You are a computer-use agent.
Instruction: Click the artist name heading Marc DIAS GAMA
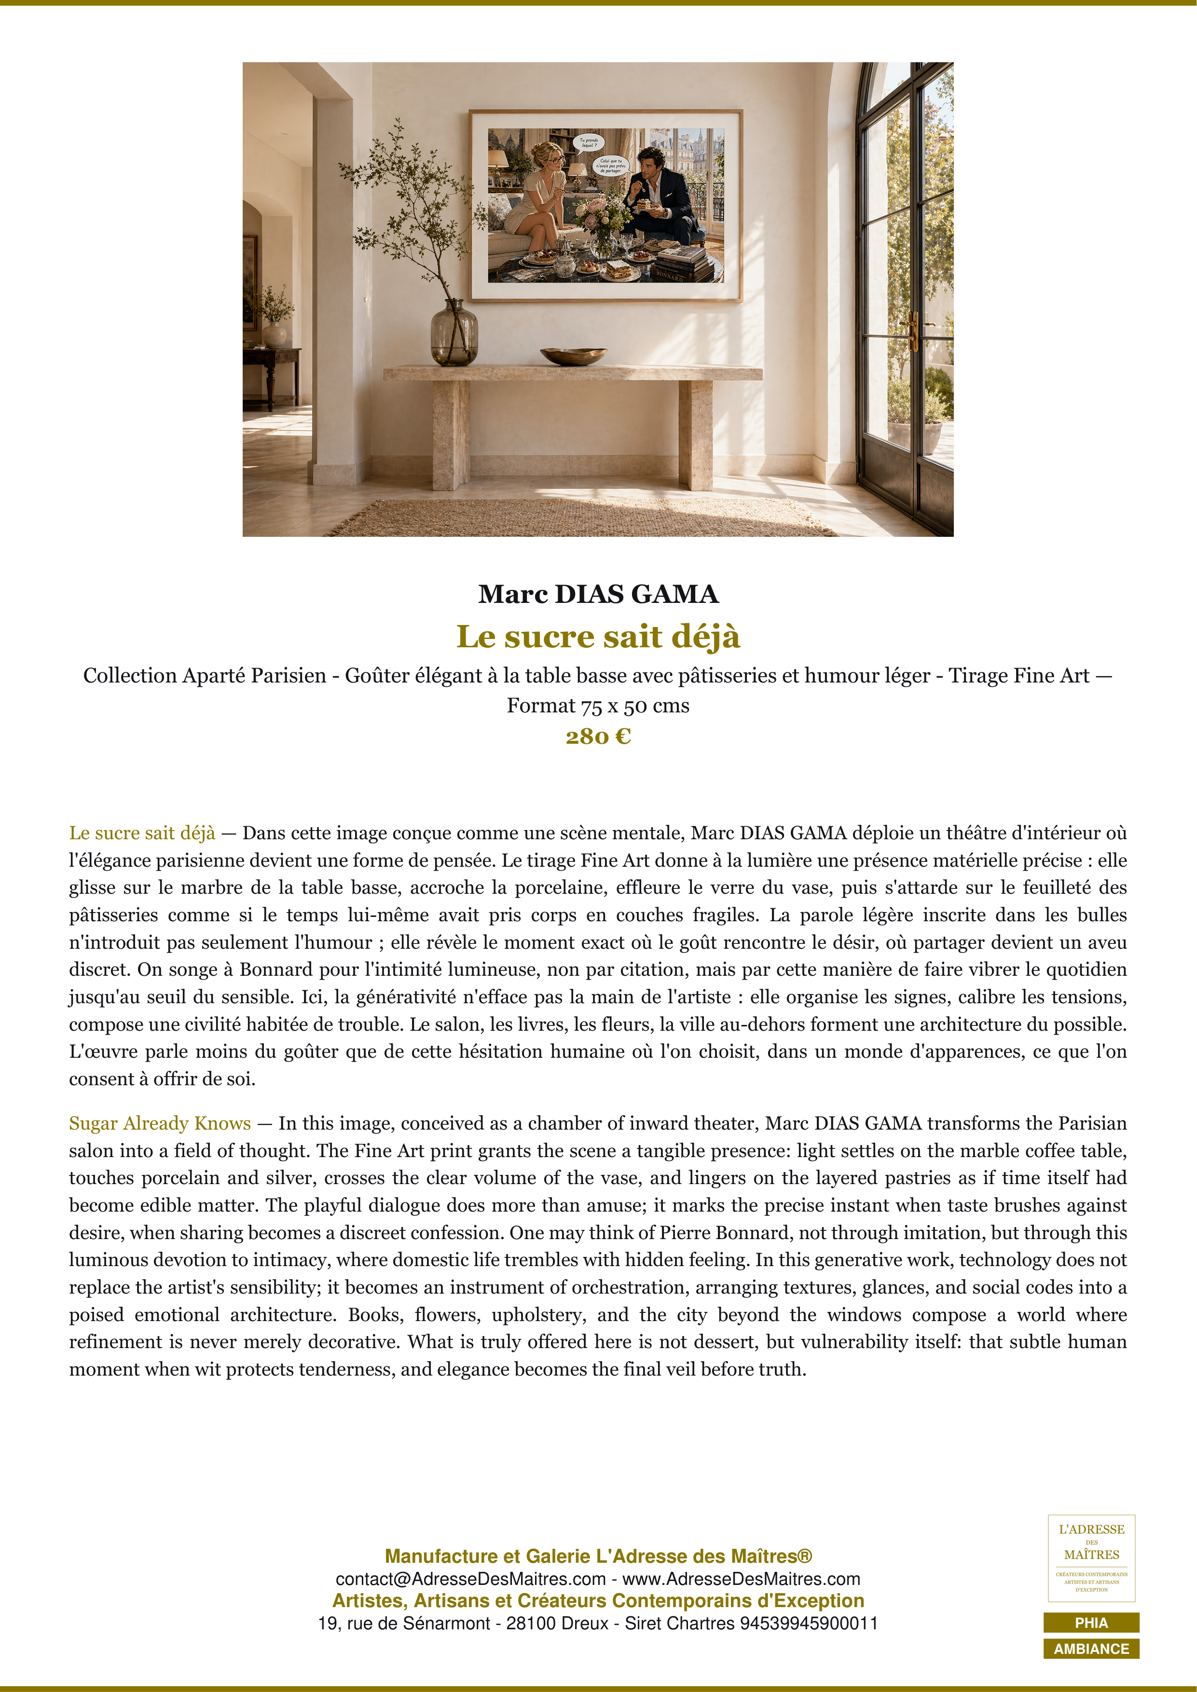598,594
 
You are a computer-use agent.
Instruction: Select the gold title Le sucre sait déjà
598,636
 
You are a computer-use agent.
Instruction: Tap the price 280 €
598,736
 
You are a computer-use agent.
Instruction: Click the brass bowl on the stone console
574,356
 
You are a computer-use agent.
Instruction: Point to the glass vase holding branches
454,333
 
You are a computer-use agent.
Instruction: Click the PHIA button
1091,1622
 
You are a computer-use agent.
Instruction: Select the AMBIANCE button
1091,1649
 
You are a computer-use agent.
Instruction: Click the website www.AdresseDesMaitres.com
742,1579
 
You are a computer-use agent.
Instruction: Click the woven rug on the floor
582,518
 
